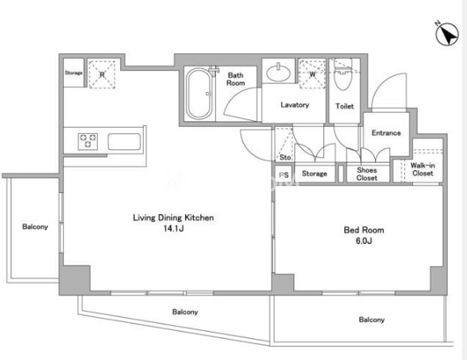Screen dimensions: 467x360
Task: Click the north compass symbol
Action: click(447, 34)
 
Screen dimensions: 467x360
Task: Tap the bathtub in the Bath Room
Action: click(200, 94)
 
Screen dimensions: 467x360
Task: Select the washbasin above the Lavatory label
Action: click(279, 72)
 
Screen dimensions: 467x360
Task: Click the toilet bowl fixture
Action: click(343, 75)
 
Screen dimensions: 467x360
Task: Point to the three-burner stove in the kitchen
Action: click(88, 141)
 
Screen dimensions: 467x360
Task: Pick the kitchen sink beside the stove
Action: click(124, 141)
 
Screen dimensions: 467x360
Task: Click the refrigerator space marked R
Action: click(102, 74)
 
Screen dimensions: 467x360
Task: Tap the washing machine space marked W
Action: click(312, 74)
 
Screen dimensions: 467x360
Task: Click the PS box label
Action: click(284, 175)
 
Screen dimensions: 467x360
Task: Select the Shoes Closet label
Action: click(367, 174)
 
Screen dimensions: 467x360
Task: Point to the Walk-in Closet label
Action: click(423, 170)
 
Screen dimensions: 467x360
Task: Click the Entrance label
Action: click(386, 133)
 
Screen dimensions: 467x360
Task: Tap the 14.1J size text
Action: click(174, 228)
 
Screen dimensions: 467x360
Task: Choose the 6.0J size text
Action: click(364, 241)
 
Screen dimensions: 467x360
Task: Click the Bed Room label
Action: click(364, 230)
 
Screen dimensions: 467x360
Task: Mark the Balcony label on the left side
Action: click(35, 227)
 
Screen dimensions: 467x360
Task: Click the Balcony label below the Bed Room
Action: click(372, 320)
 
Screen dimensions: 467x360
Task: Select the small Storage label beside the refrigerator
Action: click(74, 73)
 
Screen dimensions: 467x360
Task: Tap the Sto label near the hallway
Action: click(285, 157)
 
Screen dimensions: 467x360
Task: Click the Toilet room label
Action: click(344, 106)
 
